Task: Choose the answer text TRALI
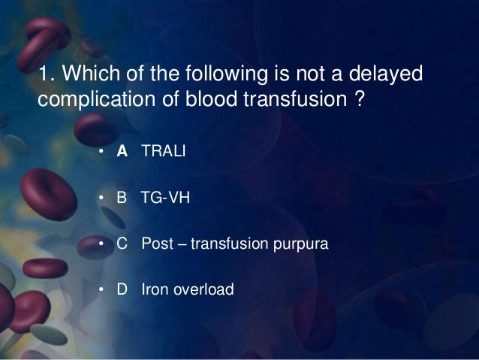[x=163, y=153]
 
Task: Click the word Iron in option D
[x=154, y=289]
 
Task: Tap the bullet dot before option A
[x=100, y=153]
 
